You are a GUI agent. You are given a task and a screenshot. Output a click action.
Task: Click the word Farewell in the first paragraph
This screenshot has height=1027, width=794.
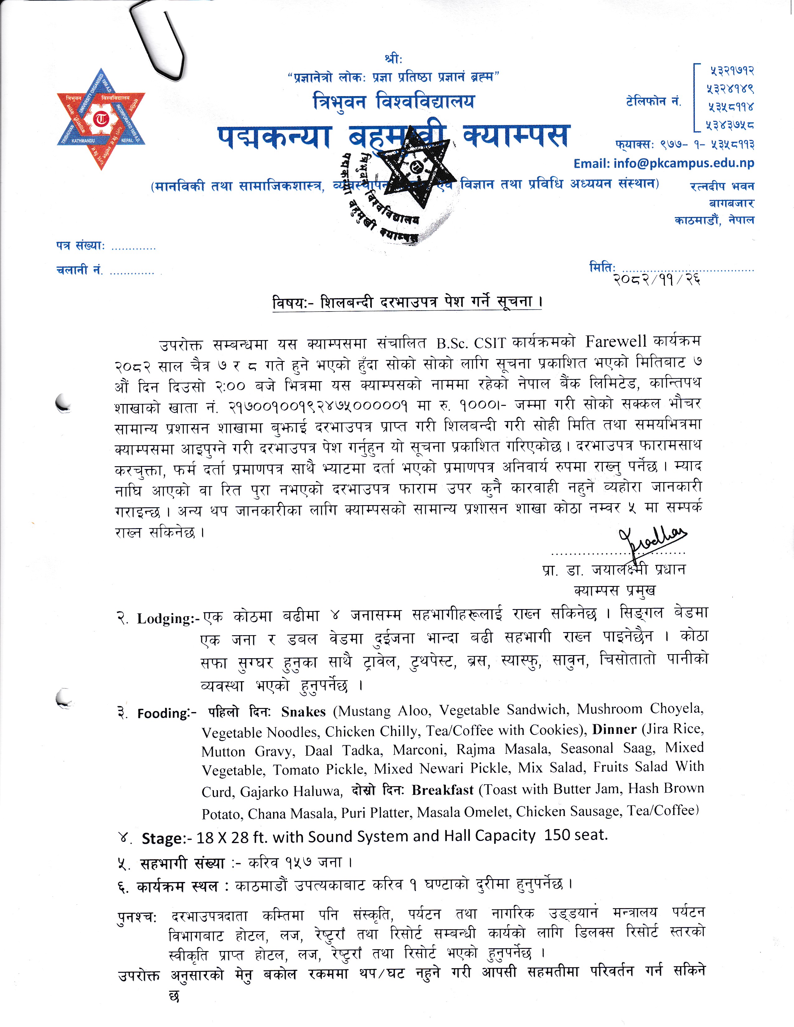coord(616,341)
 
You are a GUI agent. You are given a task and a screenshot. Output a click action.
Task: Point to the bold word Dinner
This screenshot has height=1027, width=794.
coord(614,729)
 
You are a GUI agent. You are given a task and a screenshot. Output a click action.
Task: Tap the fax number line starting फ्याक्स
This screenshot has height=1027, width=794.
coord(684,144)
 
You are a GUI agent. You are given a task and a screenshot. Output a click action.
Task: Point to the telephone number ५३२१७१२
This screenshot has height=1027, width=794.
coord(731,71)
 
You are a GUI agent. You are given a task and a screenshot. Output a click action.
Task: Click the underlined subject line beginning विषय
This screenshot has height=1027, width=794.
coord(407,302)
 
